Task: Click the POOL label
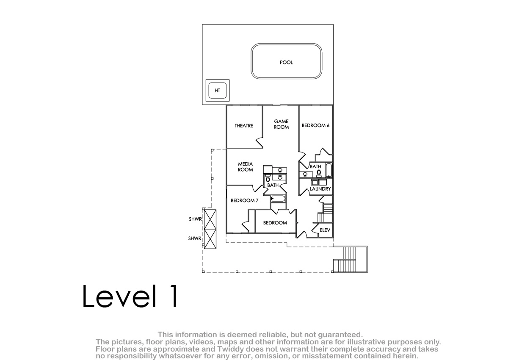(286, 62)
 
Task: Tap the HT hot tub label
(217, 91)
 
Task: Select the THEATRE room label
(244, 126)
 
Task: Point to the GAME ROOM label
(281, 124)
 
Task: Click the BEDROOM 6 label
(315, 125)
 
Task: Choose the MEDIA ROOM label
(245, 167)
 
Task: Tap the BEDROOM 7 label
(245, 200)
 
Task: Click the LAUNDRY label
(320, 189)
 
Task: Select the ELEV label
(325, 230)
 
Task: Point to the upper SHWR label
(195, 219)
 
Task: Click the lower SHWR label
(195, 238)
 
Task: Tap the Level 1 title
(130, 296)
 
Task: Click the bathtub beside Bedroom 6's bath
(329, 170)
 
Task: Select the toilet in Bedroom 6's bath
(319, 174)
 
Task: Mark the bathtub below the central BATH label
(278, 199)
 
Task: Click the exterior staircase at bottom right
(350, 259)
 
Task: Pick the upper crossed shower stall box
(210, 219)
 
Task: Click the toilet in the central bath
(268, 178)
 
